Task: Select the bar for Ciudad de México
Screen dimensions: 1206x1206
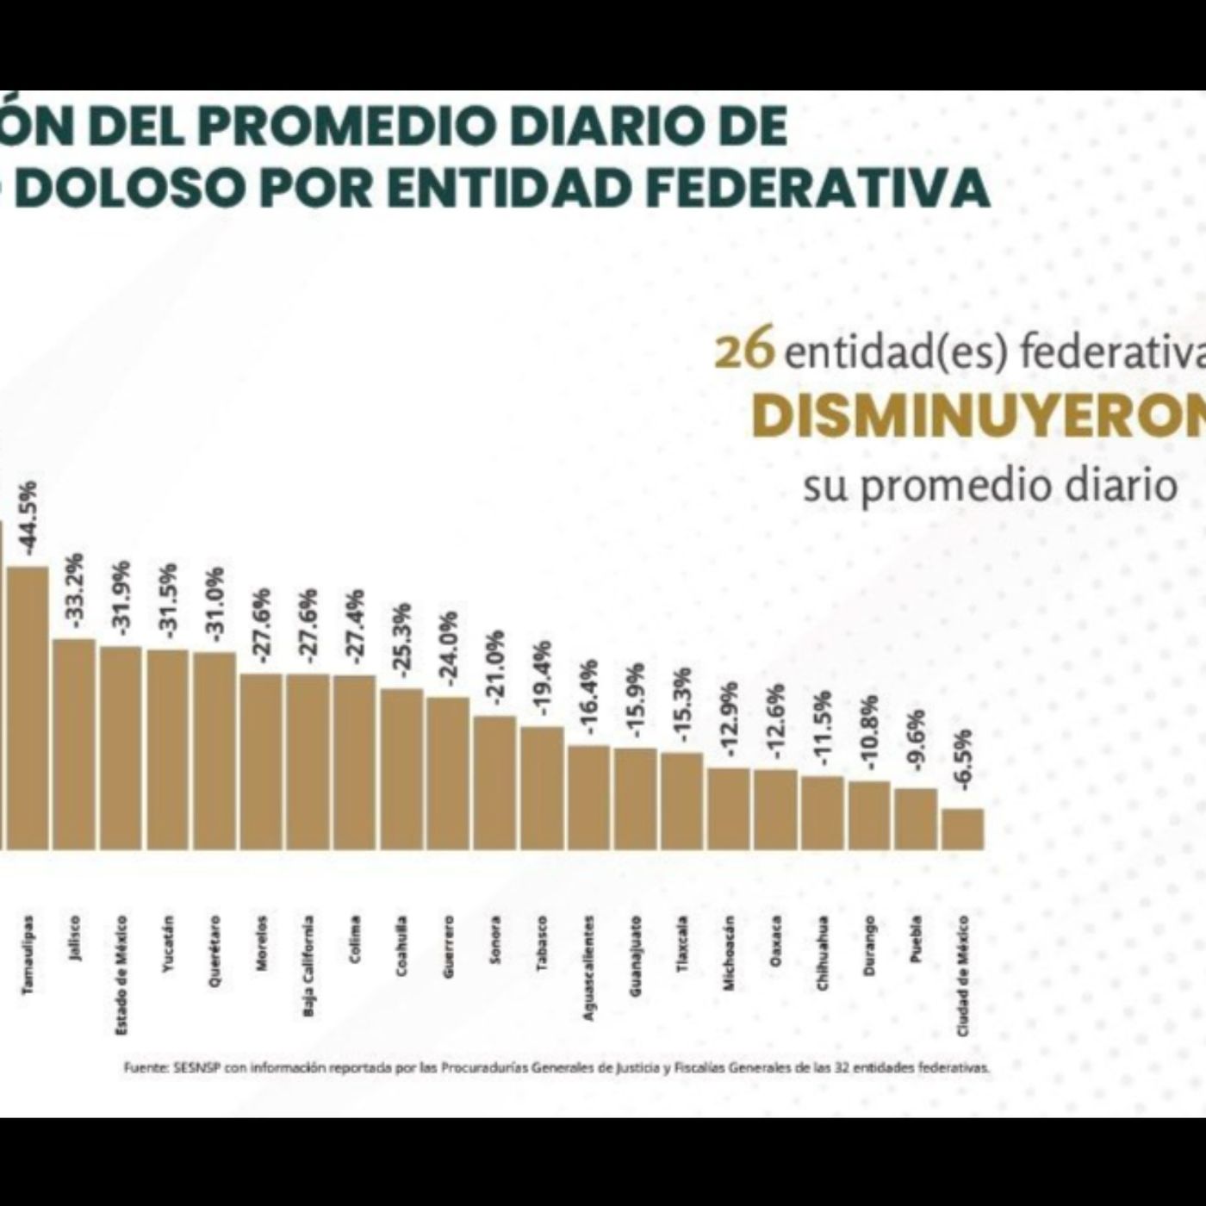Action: click(x=962, y=829)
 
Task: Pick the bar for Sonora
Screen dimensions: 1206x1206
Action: click(x=494, y=782)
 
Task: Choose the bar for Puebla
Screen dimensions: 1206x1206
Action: click(x=916, y=818)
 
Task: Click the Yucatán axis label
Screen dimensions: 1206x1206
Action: click(x=169, y=944)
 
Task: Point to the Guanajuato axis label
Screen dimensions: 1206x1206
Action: click(x=636, y=956)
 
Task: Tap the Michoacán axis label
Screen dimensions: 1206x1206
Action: click(x=730, y=953)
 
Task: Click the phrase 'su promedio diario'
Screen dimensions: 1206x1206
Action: click(x=990, y=486)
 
